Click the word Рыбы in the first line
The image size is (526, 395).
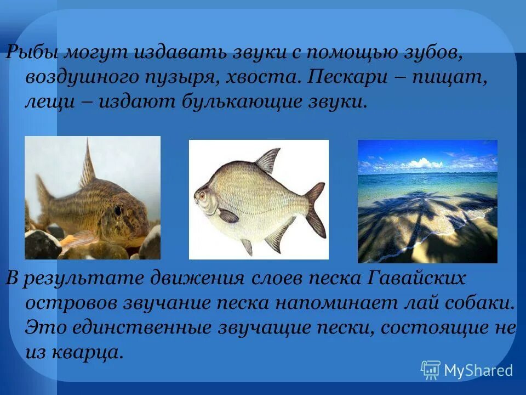coord(31,54)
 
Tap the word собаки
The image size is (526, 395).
coord(476,302)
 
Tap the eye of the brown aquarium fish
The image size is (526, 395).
coord(118,210)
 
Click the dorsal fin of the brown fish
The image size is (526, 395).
coord(88,165)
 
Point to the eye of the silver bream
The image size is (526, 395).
coord(202,194)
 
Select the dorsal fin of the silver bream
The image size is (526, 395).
coord(268,160)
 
